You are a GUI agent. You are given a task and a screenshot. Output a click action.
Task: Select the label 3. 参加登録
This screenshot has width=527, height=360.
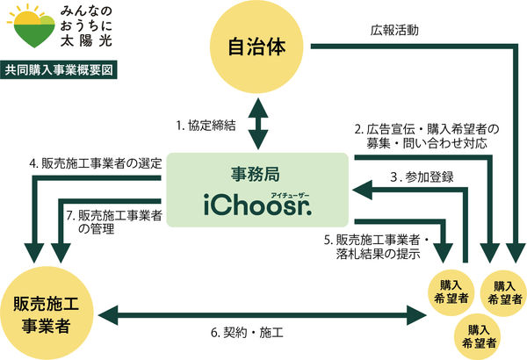click(421, 176)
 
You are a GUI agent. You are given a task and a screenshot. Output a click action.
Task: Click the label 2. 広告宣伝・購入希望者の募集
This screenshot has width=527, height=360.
click(420, 133)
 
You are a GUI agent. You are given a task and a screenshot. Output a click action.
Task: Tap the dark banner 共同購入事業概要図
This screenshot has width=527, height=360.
click(60, 68)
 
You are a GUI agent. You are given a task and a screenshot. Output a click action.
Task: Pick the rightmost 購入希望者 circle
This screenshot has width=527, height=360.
click(503, 292)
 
